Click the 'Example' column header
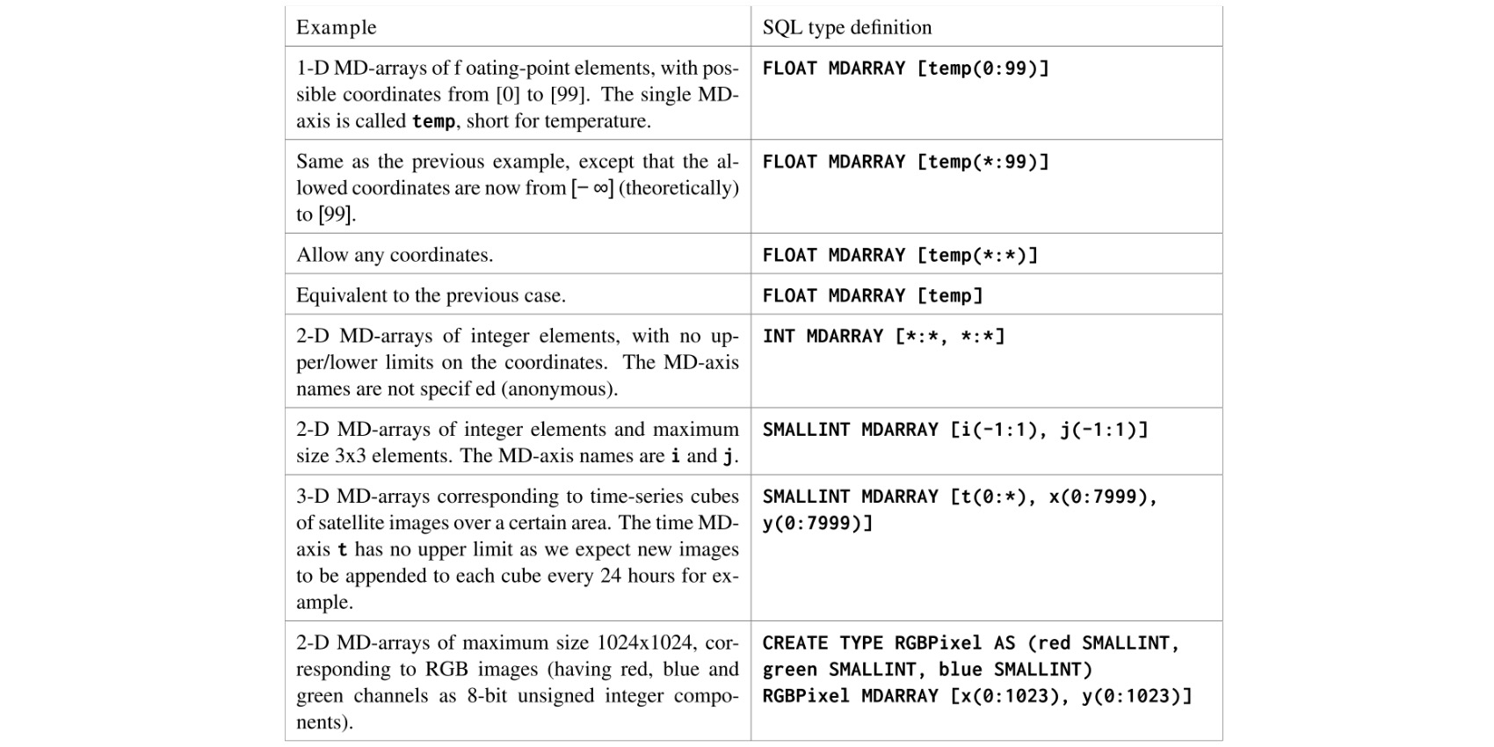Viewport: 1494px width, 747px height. pos(336,27)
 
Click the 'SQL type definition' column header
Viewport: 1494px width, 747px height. pos(846,27)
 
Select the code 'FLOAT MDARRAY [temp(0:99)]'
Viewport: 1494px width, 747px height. pos(905,69)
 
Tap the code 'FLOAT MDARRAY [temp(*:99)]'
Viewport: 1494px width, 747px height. pos(905,162)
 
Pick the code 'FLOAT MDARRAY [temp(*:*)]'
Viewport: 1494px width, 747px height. pos(900,255)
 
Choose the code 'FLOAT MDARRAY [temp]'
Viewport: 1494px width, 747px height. pos(872,295)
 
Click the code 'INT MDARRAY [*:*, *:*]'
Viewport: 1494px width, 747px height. pos(883,336)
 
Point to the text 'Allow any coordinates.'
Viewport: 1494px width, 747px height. pos(395,255)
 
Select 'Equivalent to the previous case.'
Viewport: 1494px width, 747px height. pos(431,295)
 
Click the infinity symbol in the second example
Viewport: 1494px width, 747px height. pos(601,188)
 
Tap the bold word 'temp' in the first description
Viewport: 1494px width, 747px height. pos(433,121)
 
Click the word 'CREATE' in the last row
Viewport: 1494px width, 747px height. pos(795,643)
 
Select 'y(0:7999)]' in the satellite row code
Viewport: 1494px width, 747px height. pos(817,523)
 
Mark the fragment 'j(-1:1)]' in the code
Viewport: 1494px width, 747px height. pos(1104,430)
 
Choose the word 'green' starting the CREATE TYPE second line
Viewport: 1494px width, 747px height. pos(789,670)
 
